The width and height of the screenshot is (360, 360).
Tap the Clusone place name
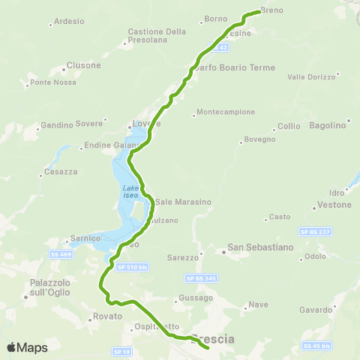[x=83, y=65]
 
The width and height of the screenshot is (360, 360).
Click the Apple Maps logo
[x=27, y=347]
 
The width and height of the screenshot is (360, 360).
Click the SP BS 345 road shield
[x=199, y=278]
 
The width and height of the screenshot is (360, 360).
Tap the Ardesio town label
[x=69, y=22]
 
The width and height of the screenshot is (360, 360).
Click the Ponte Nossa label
[x=51, y=82]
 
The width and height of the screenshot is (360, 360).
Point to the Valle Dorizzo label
[x=308, y=76]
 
